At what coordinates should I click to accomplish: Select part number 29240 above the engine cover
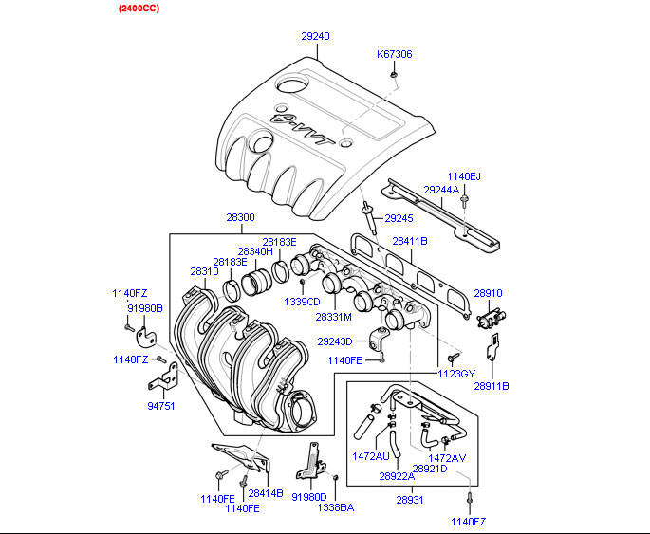(x=316, y=36)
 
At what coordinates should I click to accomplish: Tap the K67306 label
(x=395, y=54)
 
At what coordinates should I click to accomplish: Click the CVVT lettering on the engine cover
(x=302, y=129)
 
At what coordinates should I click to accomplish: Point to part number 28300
(x=240, y=217)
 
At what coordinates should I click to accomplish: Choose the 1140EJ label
(x=464, y=176)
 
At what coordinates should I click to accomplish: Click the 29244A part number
(x=441, y=190)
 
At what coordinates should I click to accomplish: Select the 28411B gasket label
(x=410, y=241)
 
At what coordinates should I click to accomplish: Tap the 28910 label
(x=488, y=294)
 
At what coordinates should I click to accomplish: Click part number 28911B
(x=492, y=386)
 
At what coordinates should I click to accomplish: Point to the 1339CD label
(x=302, y=302)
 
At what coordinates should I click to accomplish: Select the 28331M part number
(x=334, y=316)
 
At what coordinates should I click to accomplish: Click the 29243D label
(x=334, y=341)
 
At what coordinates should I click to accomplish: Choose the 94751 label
(x=160, y=405)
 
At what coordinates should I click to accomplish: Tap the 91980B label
(x=145, y=308)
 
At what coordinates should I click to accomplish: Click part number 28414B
(x=266, y=494)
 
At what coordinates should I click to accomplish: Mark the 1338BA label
(x=335, y=508)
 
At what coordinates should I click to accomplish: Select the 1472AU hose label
(x=371, y=456)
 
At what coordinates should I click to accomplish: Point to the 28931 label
(x=410, y=499)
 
